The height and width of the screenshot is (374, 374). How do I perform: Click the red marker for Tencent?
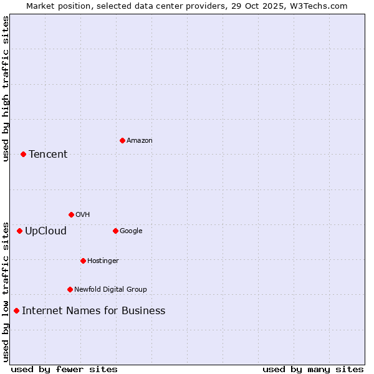(23, 154)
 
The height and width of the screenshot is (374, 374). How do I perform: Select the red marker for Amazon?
(122, 140)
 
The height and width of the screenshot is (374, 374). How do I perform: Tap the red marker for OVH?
(71, 214)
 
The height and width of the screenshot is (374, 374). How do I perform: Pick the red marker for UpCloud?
(19, 231)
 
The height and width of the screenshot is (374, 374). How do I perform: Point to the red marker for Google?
(115, 231)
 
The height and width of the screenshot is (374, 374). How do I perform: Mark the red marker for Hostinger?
(83, 261)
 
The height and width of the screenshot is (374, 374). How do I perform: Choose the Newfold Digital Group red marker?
(70, 289)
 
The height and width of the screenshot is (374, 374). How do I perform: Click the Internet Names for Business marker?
(16, 310)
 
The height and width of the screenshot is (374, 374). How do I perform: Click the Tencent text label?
(48, 155)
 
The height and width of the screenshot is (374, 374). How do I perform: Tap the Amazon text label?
(140, 141)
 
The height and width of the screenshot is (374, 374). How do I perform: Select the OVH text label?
(83, 215)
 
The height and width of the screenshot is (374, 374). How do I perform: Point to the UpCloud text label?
(46, 231)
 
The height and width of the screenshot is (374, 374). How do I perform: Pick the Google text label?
(131, 231)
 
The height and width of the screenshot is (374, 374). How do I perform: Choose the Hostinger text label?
(103, 261)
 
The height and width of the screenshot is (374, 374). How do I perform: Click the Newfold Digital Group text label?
(110, 289)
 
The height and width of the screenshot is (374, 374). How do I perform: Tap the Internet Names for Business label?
(93, 311)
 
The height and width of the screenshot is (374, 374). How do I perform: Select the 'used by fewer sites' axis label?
(64, 369)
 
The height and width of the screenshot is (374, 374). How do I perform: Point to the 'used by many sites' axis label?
(313, 369)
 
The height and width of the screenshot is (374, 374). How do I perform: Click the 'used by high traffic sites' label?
(6, 89)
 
